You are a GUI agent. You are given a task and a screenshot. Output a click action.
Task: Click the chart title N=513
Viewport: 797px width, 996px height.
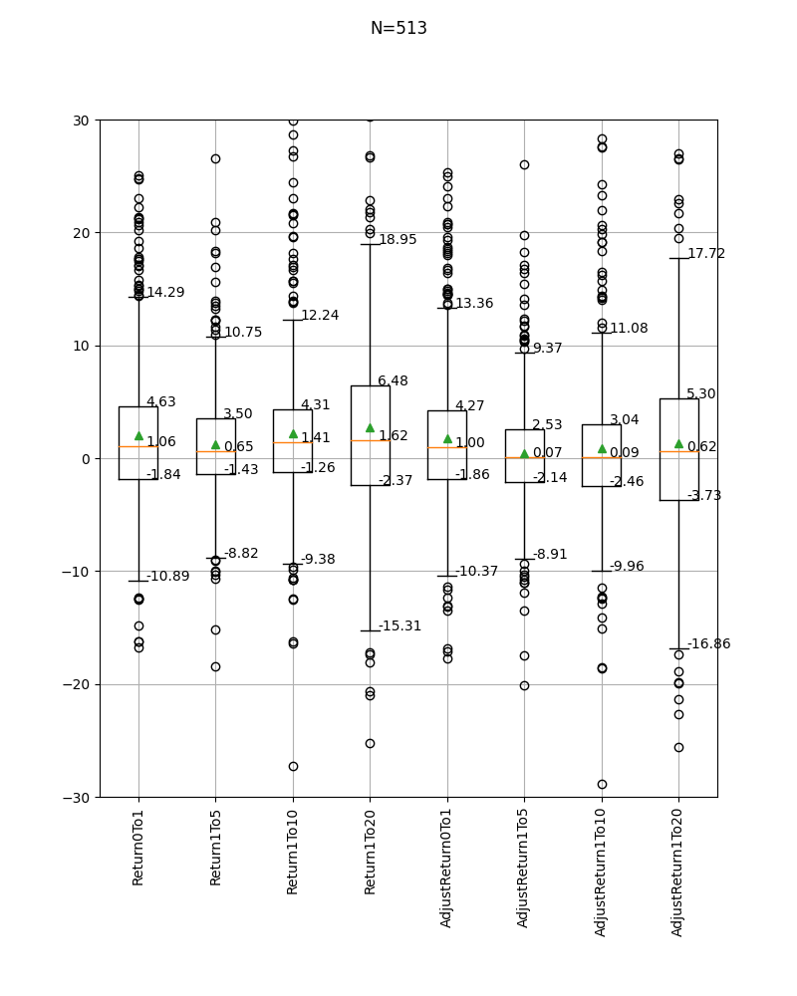click(398, 28)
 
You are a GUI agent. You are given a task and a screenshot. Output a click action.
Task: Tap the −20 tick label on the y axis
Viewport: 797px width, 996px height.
click(76, 685)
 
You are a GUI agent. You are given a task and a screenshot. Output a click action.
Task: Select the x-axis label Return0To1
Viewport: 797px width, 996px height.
click(137, 848)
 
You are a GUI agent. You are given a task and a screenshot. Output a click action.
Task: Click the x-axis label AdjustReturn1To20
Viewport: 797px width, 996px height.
click(676, 872)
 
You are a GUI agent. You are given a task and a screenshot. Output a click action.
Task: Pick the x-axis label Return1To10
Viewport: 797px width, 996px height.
click(292, 852)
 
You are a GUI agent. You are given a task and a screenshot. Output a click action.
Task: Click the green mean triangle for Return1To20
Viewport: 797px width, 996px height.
click(370, 428)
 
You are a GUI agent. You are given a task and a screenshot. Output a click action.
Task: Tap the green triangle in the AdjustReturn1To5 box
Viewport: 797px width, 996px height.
click(524, 453)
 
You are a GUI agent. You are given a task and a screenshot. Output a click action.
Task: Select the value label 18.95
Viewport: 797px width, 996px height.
click(398, 239)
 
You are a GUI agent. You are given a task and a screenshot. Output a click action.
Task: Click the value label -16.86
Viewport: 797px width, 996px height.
click(709, 644)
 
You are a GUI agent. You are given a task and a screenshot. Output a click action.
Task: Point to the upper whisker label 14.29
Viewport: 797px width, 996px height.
click(166, 292)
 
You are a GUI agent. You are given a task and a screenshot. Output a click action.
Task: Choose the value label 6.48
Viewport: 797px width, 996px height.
click(393, 380)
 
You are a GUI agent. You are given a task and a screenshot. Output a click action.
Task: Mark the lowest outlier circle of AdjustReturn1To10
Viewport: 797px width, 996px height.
click(602, 785)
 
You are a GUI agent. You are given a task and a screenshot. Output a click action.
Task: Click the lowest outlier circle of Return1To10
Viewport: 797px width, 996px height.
click(293, 767)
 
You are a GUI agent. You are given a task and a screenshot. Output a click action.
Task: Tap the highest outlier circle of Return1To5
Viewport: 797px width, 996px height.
click(215, 158)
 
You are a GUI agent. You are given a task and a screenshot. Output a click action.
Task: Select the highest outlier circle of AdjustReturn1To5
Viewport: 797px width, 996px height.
click(524, 165)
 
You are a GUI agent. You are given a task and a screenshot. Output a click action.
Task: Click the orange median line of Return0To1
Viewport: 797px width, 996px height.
click(138, 446)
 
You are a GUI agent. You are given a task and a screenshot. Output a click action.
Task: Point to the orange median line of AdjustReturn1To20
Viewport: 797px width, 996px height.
click(678, 451)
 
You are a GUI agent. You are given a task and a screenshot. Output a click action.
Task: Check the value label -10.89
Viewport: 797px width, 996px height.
click(168, 576)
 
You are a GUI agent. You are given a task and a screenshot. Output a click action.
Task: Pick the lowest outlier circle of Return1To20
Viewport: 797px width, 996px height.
click(370, 743)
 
